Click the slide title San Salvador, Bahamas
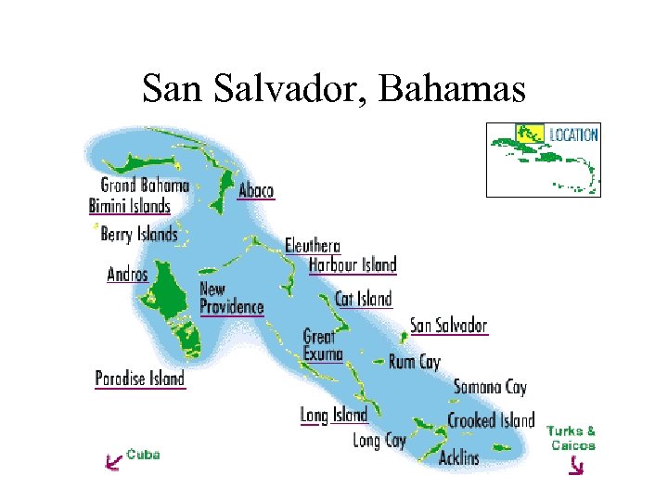pos(334,89)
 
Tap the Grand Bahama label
pos(145,186)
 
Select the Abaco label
pos(256,190)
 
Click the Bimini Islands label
pos(130,206)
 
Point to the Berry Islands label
pos(139,235)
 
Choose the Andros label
pos(127,274)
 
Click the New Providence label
pos(231,298)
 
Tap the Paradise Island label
pos(140,379)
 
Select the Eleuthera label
pos(313,246)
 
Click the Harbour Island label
pos(353,265)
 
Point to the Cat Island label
pos(364,299)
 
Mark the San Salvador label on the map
pos(449,326)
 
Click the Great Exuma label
pos(323,345)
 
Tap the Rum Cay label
pos(415,362)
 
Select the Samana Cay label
pos(490,388)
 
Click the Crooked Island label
pos(491,420)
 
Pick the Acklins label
pos(459,457)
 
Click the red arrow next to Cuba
pos(113,459)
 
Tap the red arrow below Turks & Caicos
pos(576,466)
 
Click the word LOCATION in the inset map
pos(573,135)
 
